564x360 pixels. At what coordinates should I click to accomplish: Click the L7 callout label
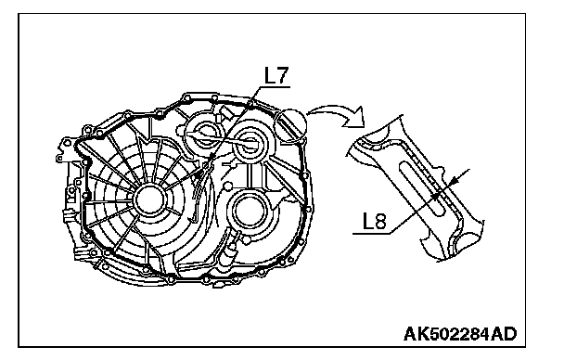pos(276,75)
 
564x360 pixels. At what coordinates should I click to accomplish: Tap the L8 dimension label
pos(374,221)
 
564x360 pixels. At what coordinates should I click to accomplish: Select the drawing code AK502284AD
pos(460,334)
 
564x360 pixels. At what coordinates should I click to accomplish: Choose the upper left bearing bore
pos(202,135)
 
